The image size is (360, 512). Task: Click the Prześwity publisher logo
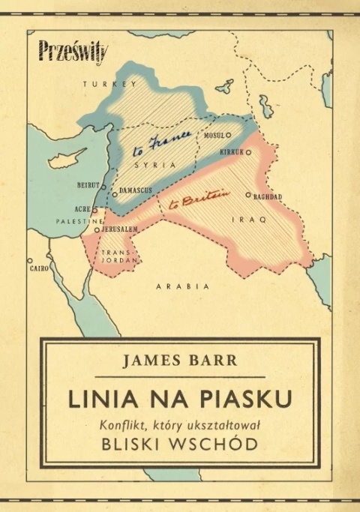tap(73, 53)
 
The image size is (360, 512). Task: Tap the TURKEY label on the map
tap(100, 85)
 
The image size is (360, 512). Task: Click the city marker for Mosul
tap(228, 136)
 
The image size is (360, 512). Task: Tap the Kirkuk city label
tap(230, 151)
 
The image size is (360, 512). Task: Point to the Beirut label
tap(88, 184)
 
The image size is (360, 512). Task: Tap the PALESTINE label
tap(78, 222)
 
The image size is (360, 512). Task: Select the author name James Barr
tap(180, 361)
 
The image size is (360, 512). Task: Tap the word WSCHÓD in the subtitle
tap(220, 443)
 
